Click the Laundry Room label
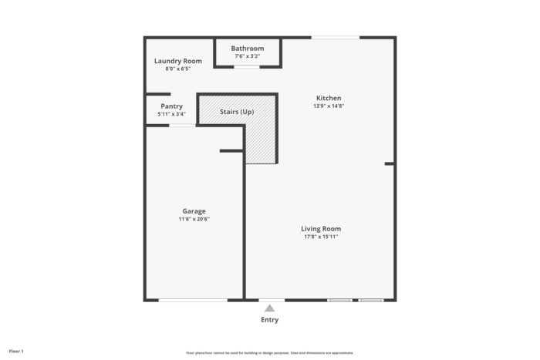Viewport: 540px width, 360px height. click(x=177, y=61)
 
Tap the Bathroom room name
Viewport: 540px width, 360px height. click(x=247, y=49)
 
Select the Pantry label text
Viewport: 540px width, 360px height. click(x=171, y=106)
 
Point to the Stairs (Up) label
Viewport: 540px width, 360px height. click(x=237, y=112)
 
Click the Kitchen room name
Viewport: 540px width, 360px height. click(x=329, y=98)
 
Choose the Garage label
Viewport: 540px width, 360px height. click(x=194, y=211)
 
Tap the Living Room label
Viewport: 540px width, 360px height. click(x=321, y=229)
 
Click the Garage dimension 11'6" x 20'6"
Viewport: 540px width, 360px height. click(x=194, y=219)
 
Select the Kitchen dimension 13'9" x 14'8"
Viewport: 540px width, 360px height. click(x=329, y=106)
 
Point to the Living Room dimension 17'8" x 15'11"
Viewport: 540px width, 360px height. click(x=321, y=237)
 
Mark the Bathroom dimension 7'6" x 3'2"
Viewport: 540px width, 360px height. click(x=247, y=56)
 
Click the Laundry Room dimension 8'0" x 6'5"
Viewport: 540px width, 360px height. click(x=177, y=69)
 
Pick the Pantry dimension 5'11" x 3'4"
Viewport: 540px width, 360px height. click(x=171, y=114)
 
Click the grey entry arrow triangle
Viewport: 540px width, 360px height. click(x=269, y=308)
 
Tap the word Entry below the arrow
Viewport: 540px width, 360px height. click(x=269, y=320)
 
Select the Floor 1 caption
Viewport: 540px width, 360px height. click(x=16, y=352)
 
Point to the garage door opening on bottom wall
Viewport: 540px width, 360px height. click(x=193, y=299)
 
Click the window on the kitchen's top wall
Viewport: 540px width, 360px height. click(x=335, y=37)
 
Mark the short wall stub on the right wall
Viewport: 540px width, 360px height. click(x=390, y=163)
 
